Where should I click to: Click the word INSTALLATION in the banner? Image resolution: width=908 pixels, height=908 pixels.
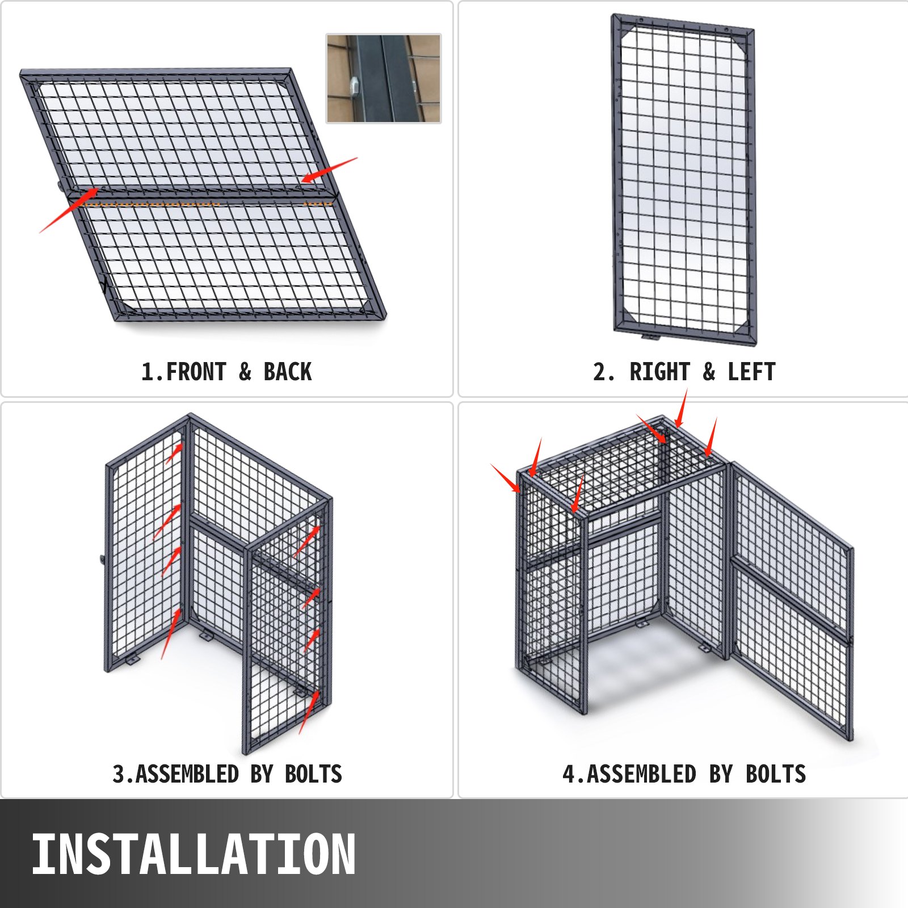(194, 854)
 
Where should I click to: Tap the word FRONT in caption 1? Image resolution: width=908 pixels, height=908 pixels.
(196, 372)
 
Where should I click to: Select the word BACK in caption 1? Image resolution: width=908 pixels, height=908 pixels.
(288, 372)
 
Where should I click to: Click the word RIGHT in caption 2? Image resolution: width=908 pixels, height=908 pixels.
(659, 372)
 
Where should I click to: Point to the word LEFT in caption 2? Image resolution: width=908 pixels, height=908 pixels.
(751, 372)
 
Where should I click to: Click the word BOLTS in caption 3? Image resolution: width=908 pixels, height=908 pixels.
(314, 774)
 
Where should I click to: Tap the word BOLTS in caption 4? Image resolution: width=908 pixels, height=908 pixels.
(776, 774)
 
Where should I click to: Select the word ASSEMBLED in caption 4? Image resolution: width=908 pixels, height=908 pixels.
(641, 774)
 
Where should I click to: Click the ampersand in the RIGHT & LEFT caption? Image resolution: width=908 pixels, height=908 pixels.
(709, 372)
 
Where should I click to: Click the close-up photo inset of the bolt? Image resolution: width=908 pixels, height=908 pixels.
(384, 78)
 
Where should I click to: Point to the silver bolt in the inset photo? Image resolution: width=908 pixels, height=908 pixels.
(352, 86)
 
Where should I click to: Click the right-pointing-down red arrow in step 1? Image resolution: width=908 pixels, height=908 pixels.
(329, 170)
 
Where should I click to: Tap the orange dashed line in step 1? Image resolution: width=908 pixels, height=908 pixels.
(207, 203)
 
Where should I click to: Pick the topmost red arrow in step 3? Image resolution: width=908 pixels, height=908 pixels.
(174, 453)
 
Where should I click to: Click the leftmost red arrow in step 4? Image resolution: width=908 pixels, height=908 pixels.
(505, 478)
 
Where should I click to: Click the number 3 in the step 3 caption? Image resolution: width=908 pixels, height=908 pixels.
(119, 774)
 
